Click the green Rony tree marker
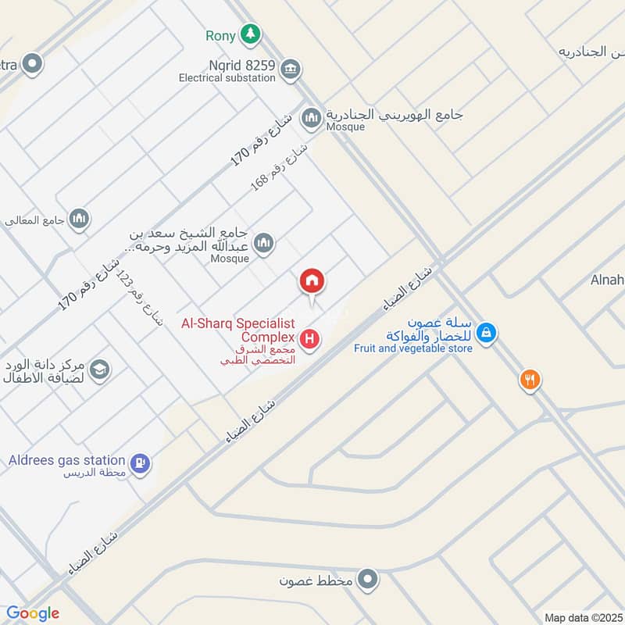(250, 34)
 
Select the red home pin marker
(312, 281)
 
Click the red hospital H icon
(311, 340)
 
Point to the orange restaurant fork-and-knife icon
(530, 380)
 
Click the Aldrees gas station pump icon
(141, 463)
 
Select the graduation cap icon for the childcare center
(99, 370)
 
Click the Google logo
(33, 613)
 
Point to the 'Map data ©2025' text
(582, 617)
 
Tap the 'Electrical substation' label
(227, 78)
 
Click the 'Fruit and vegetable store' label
(412, 348)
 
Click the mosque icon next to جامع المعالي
(79, 220)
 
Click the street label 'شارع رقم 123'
(137, 298)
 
